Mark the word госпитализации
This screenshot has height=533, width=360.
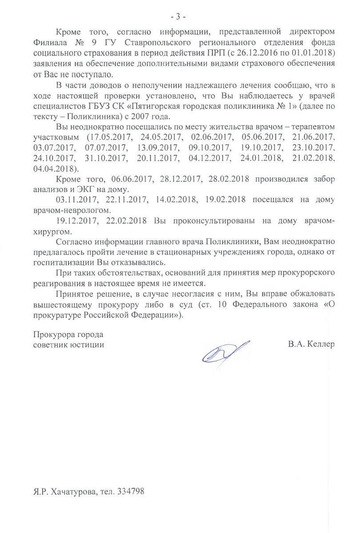(x=63, y=263)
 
